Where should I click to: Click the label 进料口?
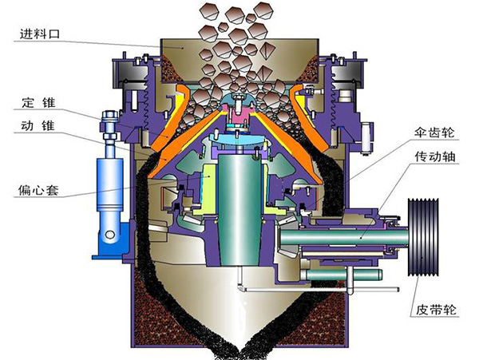point(40,34)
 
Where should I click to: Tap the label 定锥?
point(38,103)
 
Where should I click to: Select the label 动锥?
point(38,125)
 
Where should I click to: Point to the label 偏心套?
point(38,190)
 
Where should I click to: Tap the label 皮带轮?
point(436,310)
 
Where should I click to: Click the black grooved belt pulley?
point(423,237)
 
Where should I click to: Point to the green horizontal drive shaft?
point(343,237)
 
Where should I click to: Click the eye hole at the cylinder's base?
point(109,235)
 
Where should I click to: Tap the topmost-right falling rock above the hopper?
point(263,10)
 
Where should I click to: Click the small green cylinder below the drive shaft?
point(343,275)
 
